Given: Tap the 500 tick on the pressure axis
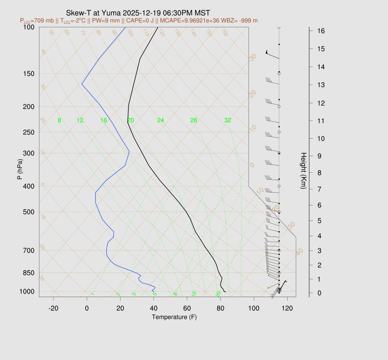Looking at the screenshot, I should pyautogui.click(x=29, y=212).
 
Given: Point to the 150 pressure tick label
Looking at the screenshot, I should pyautogui.click(x=29, y=74).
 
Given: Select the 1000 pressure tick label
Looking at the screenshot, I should pyautogui.click(x=27, y=291).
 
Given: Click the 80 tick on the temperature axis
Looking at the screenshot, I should pyautogui.click(x=221, y=308).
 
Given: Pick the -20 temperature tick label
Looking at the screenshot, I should pyautogui.click(x=53, y=308).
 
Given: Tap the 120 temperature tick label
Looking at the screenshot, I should pyautogui.click(x=287, y=308).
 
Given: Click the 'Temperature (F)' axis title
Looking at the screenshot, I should pyautogui.click(x=174, y=317).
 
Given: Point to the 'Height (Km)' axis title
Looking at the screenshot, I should pyautogui.click(x=303, y=171).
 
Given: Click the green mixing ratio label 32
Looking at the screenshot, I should pyautogui.click(x=228, y=121).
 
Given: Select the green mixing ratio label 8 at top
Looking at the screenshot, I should pyautogui.click(x=59, y=121).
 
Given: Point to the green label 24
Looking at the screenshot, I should pyautogui.click(x=161, y=121).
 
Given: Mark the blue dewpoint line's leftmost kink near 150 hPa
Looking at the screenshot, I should pyautogui.click(x=82, y=84).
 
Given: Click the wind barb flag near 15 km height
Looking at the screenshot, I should pyautogui.click(x=267, y=52).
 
